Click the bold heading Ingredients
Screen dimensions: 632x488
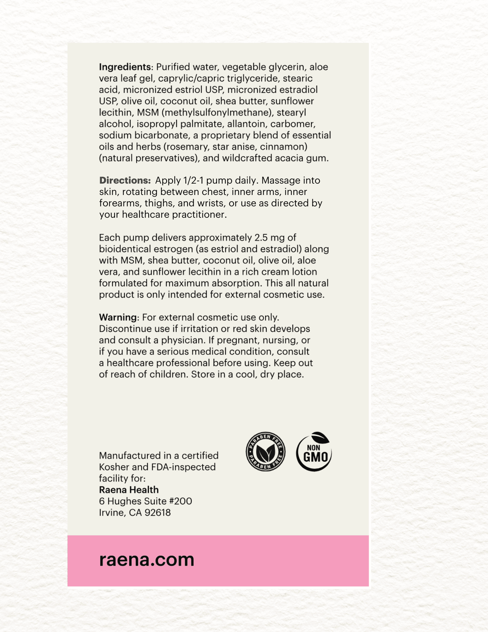(x=125, y=67)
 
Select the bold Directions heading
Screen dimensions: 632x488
(x=125, y=180)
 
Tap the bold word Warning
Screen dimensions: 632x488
(x=118, y=317)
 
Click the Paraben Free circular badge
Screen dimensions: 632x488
(x=265, y=452)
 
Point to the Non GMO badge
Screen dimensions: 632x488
(x=314, y=452)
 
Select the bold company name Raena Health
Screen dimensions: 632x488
(x=129, y=490)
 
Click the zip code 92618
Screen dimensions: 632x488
(x=157, y=513)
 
